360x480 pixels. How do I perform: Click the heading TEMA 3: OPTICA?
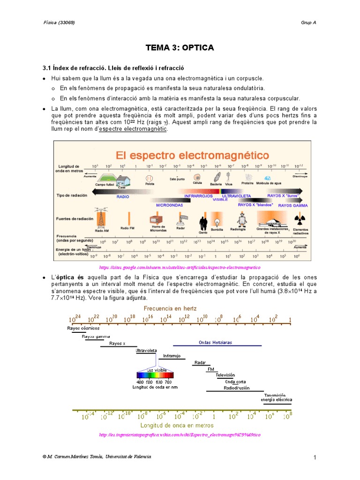click(180, 48)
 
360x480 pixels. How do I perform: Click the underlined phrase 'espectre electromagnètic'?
click(133, 129)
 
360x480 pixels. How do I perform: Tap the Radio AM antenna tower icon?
click(101, 217)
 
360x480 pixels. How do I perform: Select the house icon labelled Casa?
click(123, 180)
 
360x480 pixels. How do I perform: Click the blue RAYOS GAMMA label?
click(293, 205)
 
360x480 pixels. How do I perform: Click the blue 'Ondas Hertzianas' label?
click(215, 343)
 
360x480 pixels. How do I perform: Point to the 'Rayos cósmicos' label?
click(83, 329)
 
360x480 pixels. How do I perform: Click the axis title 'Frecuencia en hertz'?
click(170, 308)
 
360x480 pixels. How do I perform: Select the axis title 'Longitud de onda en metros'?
click(180, 425)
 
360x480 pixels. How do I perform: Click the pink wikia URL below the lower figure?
click(180, 435)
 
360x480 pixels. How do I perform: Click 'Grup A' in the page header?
click(308, 22)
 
